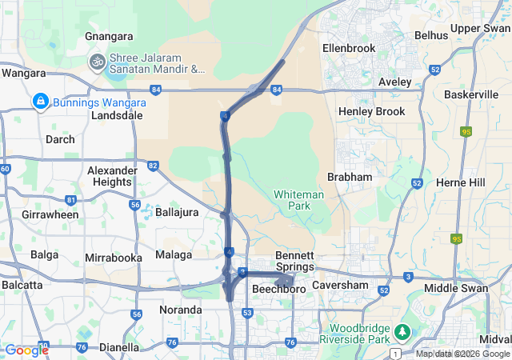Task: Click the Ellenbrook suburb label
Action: tap(349, 48)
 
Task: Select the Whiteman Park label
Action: tap(298, 200)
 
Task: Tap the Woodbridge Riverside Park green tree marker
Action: tap(403, 330)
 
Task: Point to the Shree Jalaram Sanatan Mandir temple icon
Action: tap(98, 62)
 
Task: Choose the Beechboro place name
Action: tap(280, 289)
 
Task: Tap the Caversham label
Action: tap(340, 285)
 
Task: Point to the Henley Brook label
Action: tap(372, 111)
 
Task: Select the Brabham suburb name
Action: tap(350, 176)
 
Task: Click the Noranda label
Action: tap(180, 310)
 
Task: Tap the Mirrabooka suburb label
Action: tap(114, 258)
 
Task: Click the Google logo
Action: tap(26, 350)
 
